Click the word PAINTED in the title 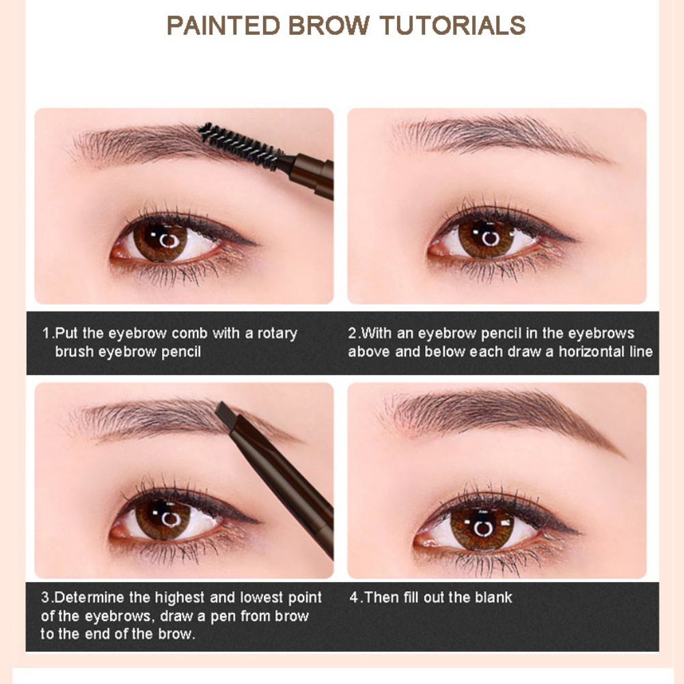(223, 25)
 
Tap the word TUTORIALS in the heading (453, 25)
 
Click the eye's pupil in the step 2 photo (490, 238)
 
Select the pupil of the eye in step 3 (170, 519)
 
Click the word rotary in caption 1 (277, 333)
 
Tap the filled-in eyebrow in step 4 (502, 414)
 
